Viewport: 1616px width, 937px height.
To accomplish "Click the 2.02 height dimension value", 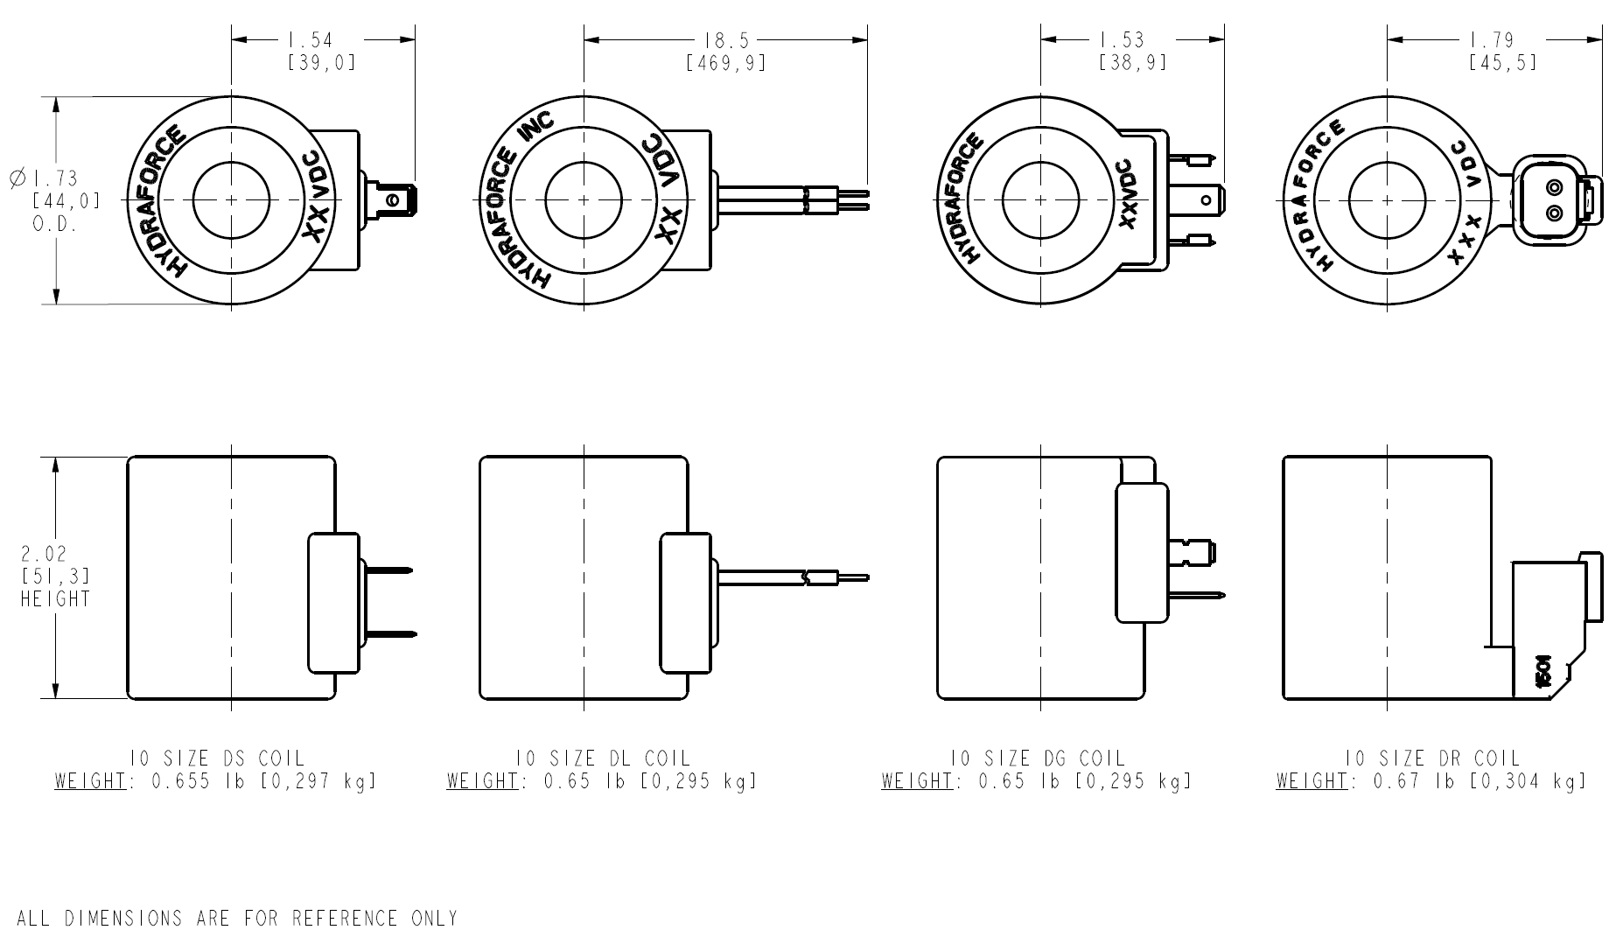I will click(x=44, y=554).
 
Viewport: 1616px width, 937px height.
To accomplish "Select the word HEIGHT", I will click(x=55, y=599).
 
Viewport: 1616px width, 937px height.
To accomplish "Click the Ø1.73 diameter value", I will click(x=54, y=178).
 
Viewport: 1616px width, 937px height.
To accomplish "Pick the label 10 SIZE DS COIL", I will click(x=215, y=759).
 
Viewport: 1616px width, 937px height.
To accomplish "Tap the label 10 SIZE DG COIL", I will click(x=1037, y=759).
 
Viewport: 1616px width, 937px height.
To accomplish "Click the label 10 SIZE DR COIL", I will click(x=1431, y=759).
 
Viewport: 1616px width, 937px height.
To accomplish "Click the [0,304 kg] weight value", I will click(x=1528, y=781).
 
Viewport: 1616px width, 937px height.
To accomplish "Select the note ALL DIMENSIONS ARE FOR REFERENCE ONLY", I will click(x=237, y=919).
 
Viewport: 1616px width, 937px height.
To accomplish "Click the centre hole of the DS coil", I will click(x=231, y=200).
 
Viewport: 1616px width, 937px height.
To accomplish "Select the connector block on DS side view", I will click(x=333, y=603).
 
